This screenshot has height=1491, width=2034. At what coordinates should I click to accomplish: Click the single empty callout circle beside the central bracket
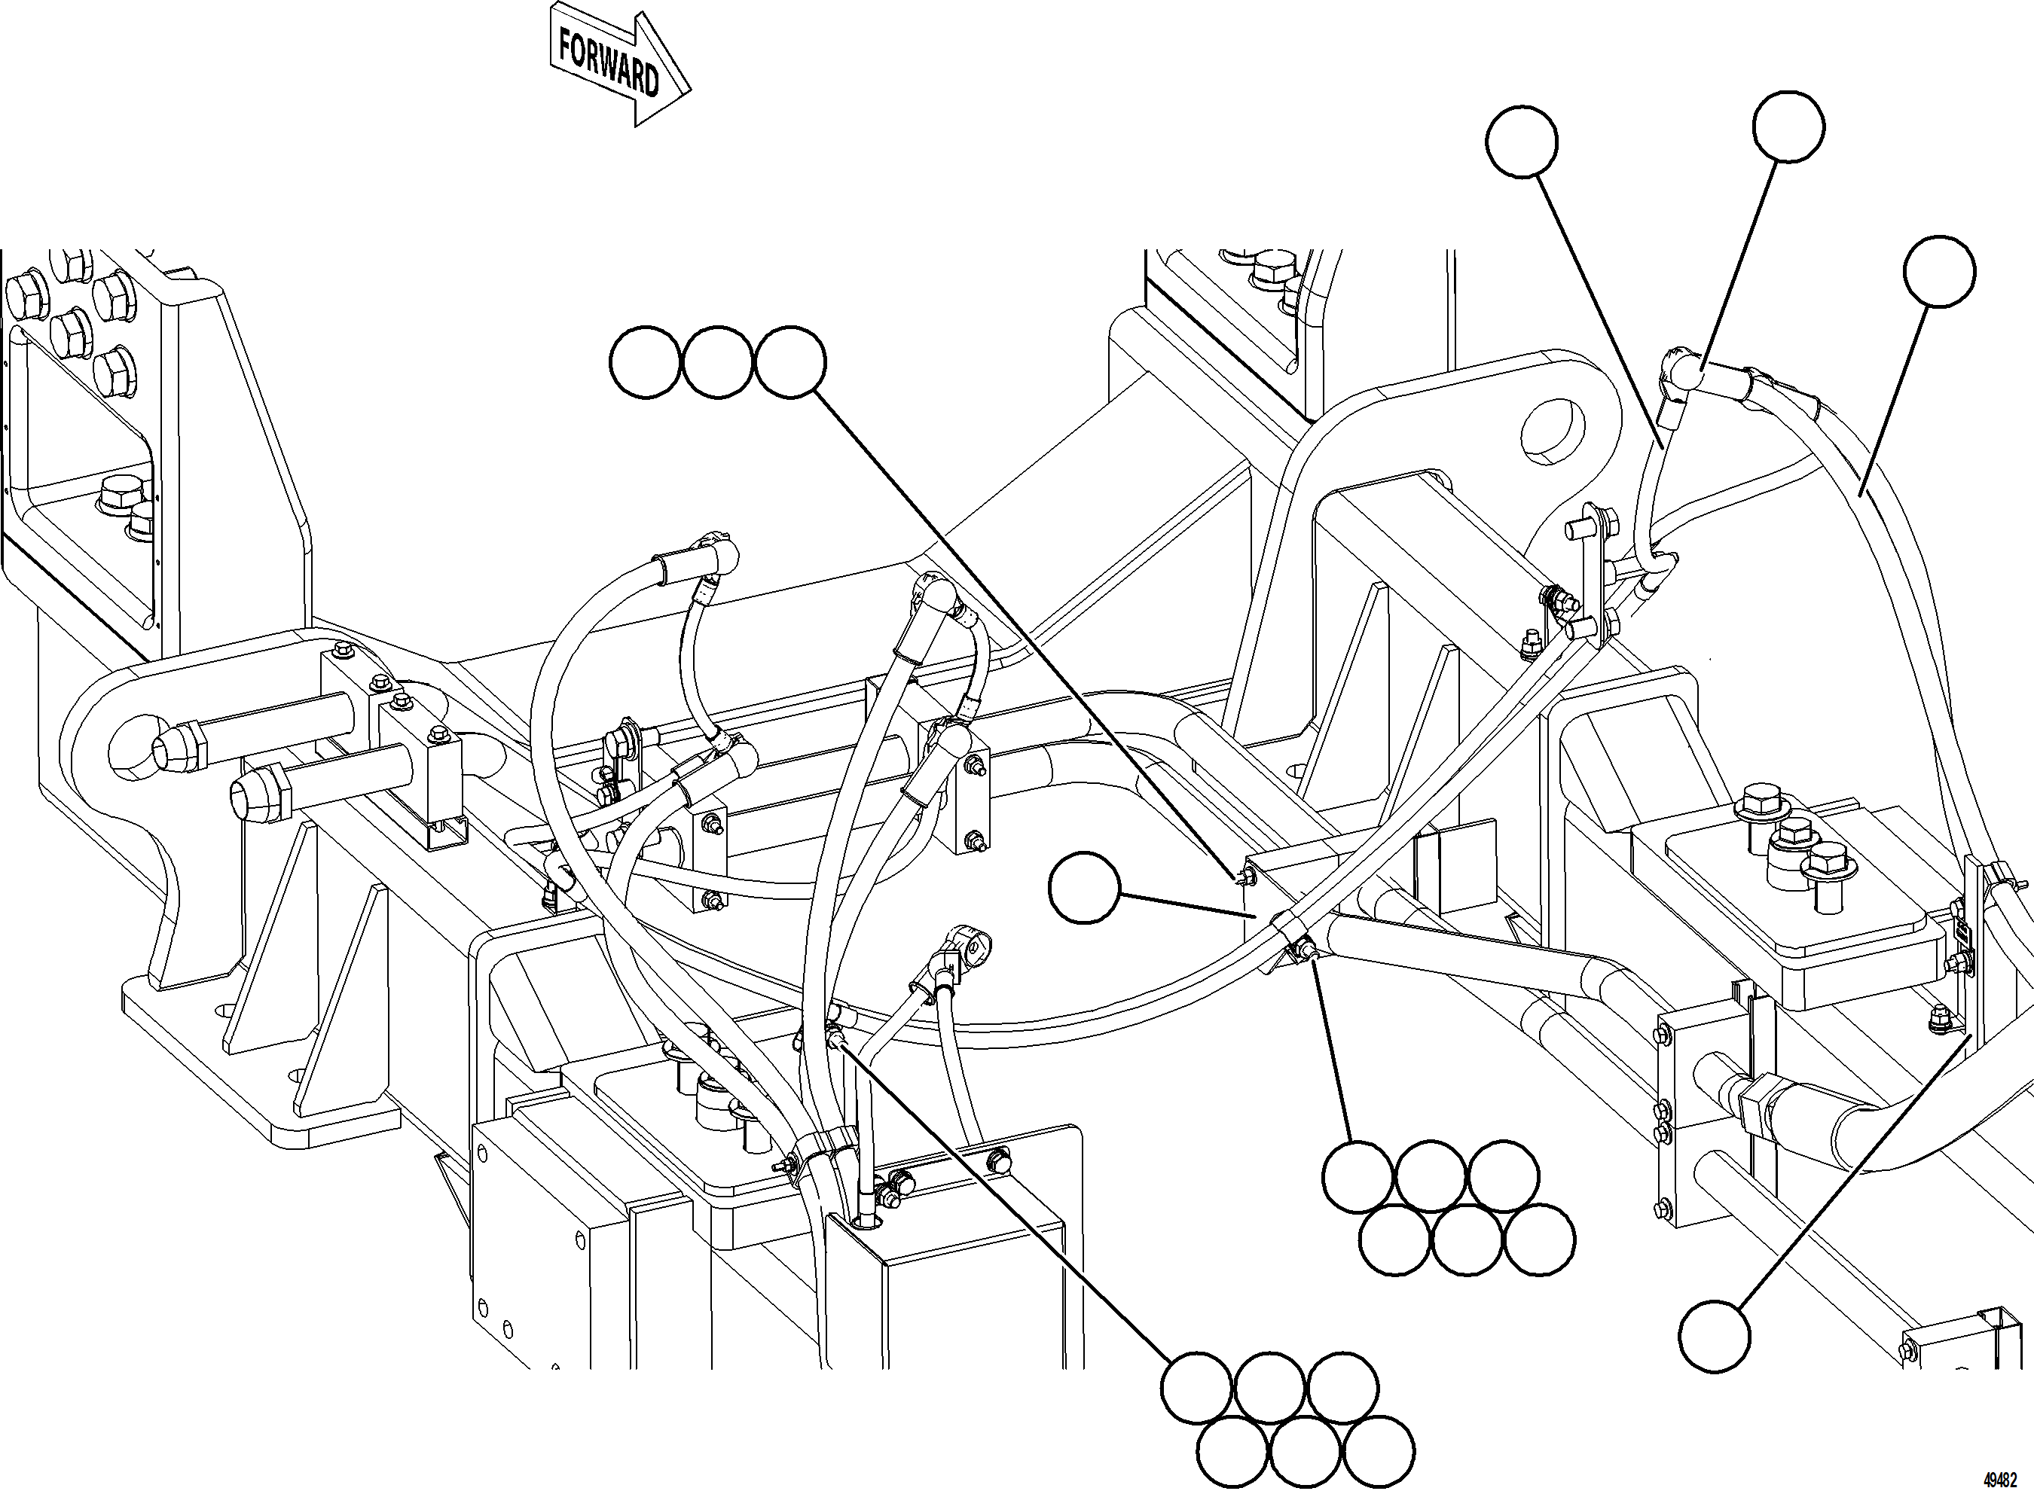[x=1083, y=889]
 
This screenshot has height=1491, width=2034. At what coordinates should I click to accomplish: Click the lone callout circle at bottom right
[x=1715, y=1336]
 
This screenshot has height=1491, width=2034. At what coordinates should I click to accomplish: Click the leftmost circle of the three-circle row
[x=645, y=363]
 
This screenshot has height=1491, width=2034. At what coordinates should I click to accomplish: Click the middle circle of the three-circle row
[x=718, y=363]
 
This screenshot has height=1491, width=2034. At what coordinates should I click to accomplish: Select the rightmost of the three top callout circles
[x=790, y=363]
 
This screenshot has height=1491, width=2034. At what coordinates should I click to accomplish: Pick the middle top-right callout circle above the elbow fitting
[x=1788, y=127]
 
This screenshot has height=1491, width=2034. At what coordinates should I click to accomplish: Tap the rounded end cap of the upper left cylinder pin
[x=172, y=746]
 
